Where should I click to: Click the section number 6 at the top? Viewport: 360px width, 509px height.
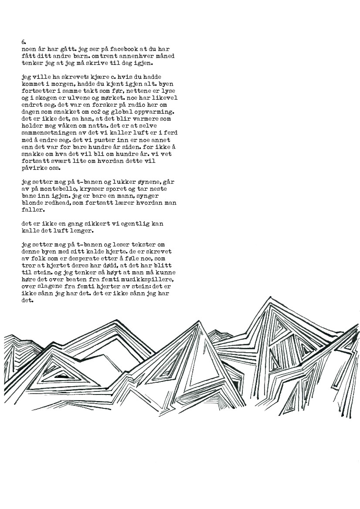click(24, 42)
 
